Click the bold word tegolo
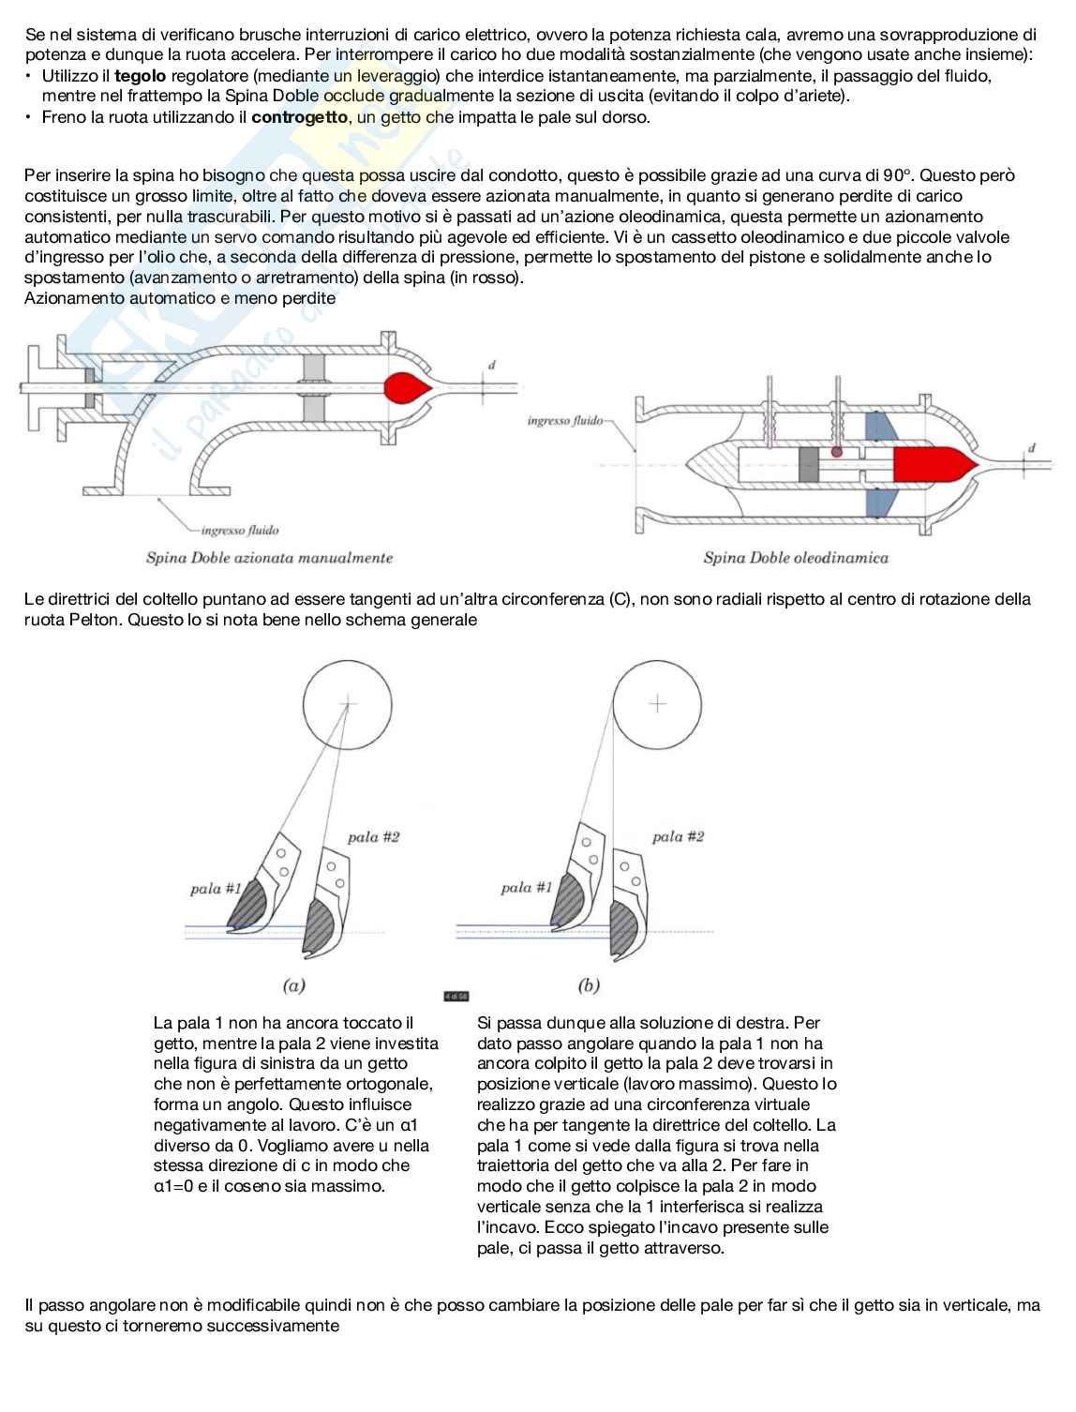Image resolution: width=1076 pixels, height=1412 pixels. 141,76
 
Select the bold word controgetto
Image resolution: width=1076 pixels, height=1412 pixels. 300,117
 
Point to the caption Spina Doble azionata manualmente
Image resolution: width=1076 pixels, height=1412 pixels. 269,558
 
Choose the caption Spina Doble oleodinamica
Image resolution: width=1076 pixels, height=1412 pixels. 796,558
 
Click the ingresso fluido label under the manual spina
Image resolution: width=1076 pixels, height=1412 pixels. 240,530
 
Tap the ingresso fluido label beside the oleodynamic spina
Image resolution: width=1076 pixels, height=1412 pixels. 565,421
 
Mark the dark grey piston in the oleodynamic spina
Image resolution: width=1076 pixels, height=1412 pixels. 808,464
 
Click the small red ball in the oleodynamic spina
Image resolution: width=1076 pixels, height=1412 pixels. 836,452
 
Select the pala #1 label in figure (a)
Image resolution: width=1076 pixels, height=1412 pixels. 216,889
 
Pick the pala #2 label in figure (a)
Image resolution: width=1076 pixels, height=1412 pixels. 373,837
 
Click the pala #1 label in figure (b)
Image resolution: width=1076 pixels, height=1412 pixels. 527,888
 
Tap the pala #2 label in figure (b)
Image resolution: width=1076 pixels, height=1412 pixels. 679,836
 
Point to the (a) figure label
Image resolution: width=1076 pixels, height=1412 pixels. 294,985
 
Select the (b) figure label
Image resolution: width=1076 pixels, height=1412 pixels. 589,985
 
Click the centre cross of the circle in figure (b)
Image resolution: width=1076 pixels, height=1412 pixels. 657,704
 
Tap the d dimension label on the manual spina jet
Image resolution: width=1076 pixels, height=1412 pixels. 492,366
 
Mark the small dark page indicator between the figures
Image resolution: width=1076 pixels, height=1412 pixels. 456,997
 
